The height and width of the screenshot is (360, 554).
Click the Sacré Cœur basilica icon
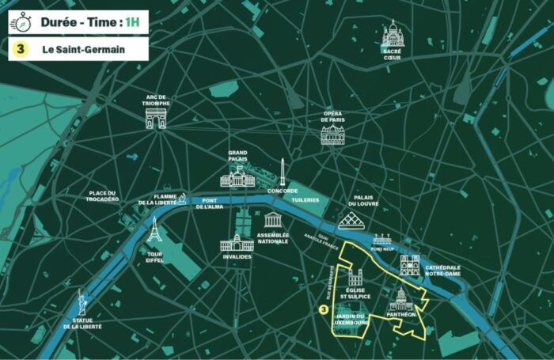point(393,33)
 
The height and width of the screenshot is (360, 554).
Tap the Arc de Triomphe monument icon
point(156,118)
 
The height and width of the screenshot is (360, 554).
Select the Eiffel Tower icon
point(154,229)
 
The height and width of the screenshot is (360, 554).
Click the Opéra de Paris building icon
point(332,135)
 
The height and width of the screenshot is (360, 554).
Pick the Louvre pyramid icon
point(351,221)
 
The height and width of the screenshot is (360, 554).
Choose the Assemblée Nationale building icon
point(274,220)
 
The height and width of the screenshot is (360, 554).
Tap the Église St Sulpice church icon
point(354,276)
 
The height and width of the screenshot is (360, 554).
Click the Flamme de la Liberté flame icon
point(182,198)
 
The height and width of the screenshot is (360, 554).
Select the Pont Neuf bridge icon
point(381,238)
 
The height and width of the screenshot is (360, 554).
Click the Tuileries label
point(305,200)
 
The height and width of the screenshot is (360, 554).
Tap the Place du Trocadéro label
point(103,196)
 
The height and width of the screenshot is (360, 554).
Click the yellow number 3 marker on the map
point(323,310)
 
